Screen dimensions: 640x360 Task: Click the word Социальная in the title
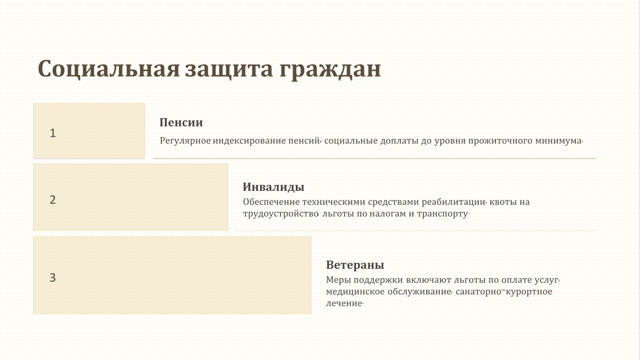coord(109,69)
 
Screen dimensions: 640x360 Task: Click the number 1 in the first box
coord(52,133)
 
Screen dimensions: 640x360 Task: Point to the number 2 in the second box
coord(52,200)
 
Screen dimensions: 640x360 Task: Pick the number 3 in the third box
coord(52,278)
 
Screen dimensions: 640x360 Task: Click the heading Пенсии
coord(181,122)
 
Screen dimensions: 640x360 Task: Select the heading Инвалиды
coord(273,187)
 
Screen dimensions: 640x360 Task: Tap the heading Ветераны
coord(355,265)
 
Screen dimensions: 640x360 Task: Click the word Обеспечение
coord(271,202)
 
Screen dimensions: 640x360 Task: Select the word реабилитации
coord(453,202)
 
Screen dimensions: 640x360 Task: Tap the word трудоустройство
coord(280,214)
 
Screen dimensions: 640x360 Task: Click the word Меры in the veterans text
coord(338,280)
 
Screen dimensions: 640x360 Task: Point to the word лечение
coord(344,303)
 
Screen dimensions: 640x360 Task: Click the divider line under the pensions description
coord(374,158)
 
